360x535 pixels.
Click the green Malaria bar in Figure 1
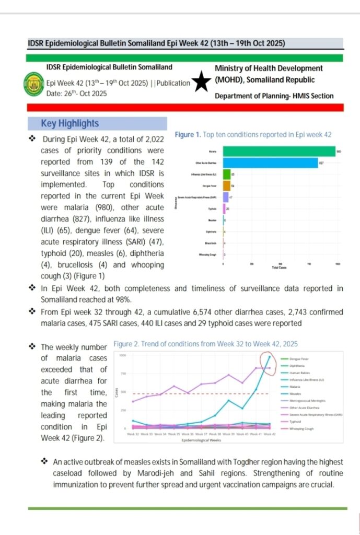[x=279, y=152]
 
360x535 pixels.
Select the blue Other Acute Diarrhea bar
[x=270, y=163]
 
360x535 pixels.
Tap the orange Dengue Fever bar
[x=226, y=185]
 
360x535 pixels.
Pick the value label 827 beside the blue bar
[x=321, y=163]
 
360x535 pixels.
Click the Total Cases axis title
[x=278, y=267]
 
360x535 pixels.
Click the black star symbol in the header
[x=202, y=83]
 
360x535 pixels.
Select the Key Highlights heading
[x=69, y=124]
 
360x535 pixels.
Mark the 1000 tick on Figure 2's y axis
[x=123, y=356]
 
